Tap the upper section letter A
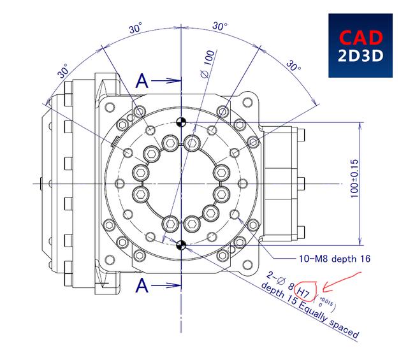(x=144, y=81)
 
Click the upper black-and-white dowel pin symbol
(x=182, y=122)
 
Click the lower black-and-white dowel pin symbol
(x=182, y=245)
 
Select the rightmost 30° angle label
(x=293, y=66)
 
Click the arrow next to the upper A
(x=167, y=81)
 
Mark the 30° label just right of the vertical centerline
(x=219, y=27)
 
